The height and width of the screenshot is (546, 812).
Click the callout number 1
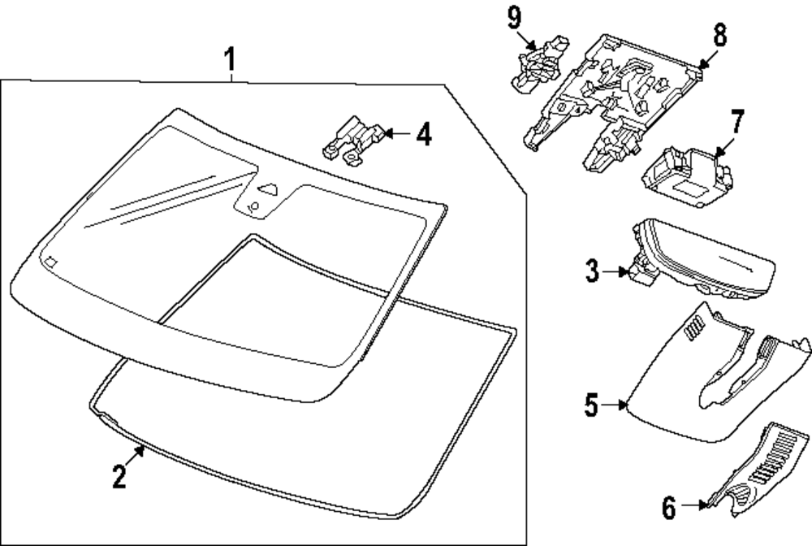click(x=231, y=59)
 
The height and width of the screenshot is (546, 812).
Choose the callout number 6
click(x=668, y=509)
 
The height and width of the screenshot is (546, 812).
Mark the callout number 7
click(x=736, y=123)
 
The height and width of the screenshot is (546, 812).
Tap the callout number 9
click(x=514, y=17)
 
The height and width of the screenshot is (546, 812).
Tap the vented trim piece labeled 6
click(x=754, y=475)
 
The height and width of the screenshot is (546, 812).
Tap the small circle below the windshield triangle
click(x=254, y=209)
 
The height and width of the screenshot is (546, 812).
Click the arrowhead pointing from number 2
click(x=140, y=449)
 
